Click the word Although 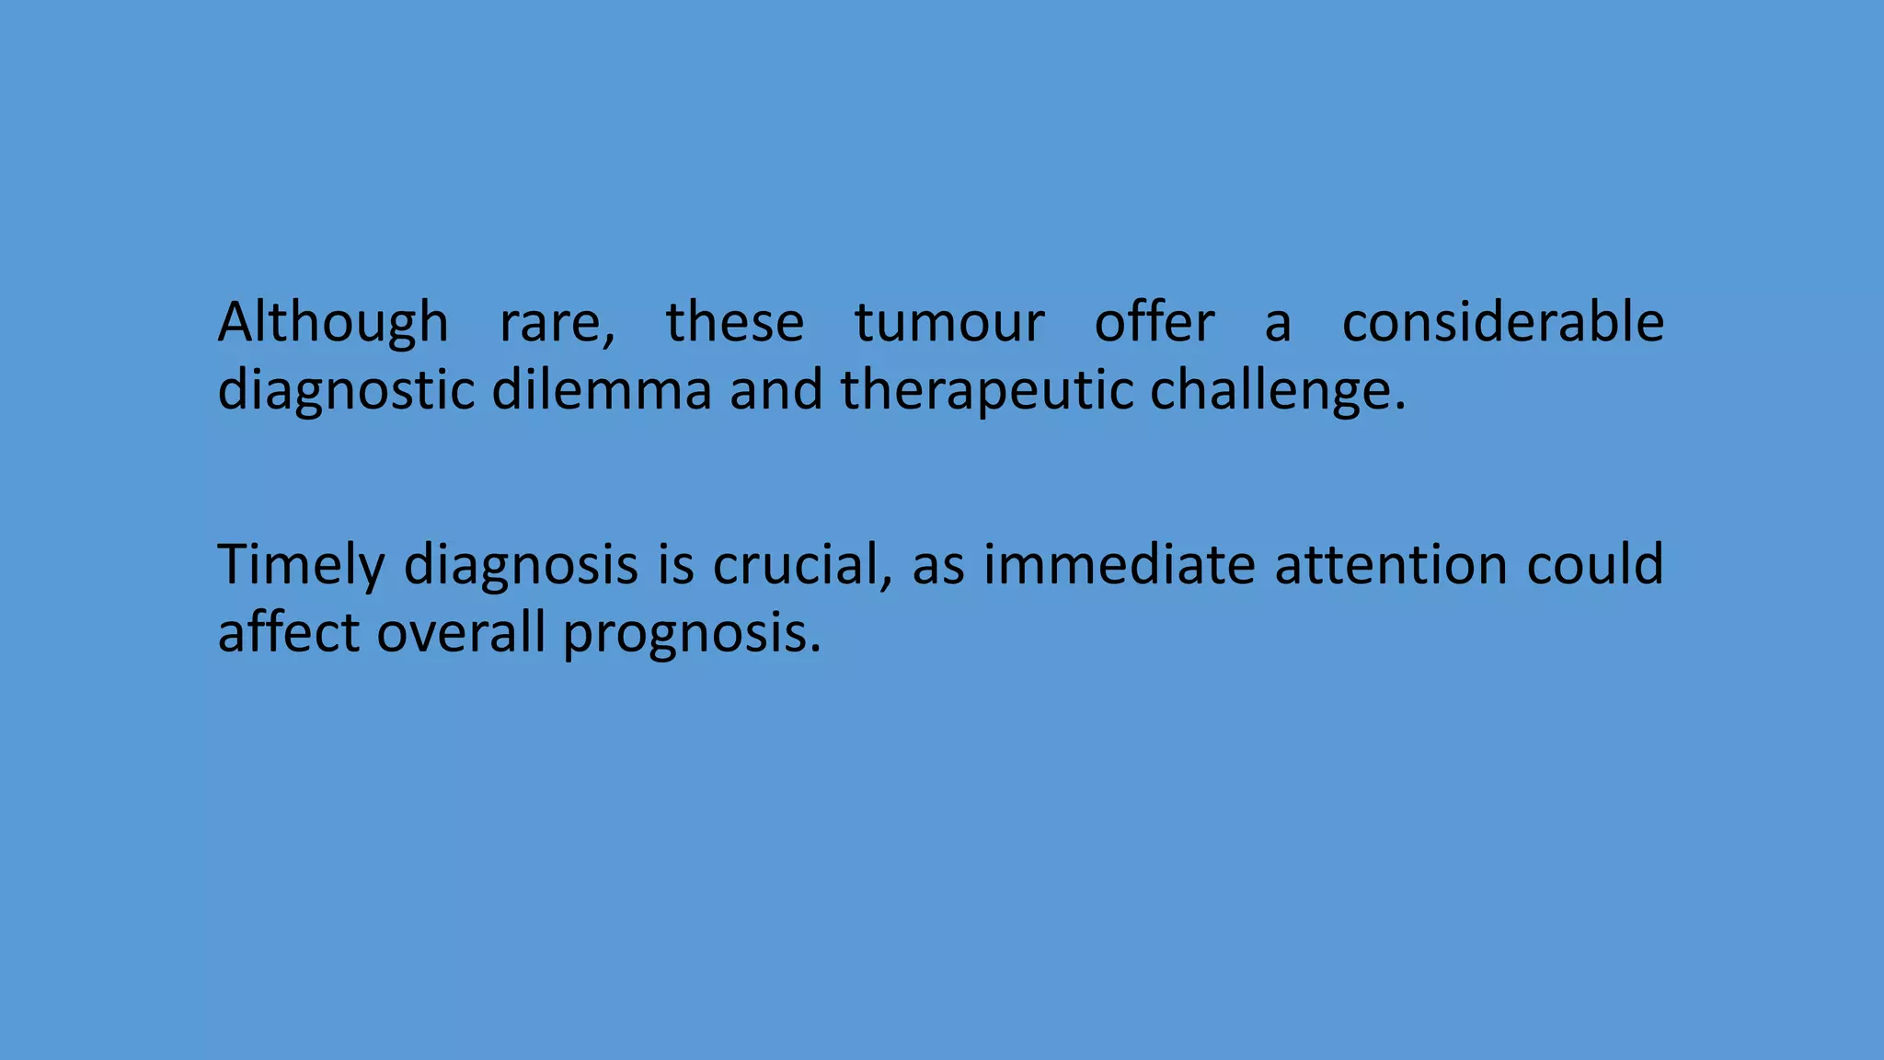pyautogui.click(x=333, y=323)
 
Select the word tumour pyautogui.click(x=949, y=323)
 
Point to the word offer pyautogui.click(x=1154, y=323)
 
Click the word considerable pyautogui.click(x=1503, y=323)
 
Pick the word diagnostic pyautogui.click(x=346, y=391)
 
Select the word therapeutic pyautogui.click(x=986, y=391)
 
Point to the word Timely pyautogui.click(x=301, y=566)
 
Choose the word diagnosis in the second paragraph pyautogui.click(x=521, y=566)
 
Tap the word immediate pyautogui.click(x=1119, y=564)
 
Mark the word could pyautogui.click(x=1595, y=564)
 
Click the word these pyautogui.click(x=735, y=323)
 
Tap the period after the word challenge pyautogui.click(x=1401, y=406)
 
